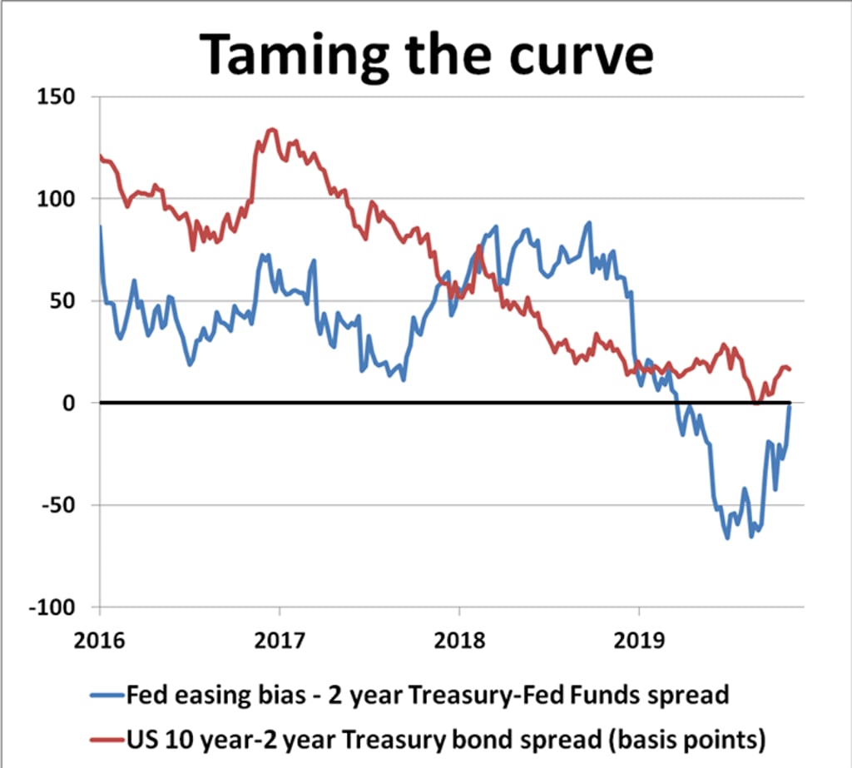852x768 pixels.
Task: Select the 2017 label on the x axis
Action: click(280, 640)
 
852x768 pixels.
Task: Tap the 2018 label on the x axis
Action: click(458, 640)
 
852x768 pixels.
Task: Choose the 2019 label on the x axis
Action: click(638, 640)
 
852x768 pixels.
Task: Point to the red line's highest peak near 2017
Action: click(271, 129)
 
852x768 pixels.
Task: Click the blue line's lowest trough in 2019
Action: click(727, 538)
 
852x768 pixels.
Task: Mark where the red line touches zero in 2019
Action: click(755, 402)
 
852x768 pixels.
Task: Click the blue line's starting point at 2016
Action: click(101, 226)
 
